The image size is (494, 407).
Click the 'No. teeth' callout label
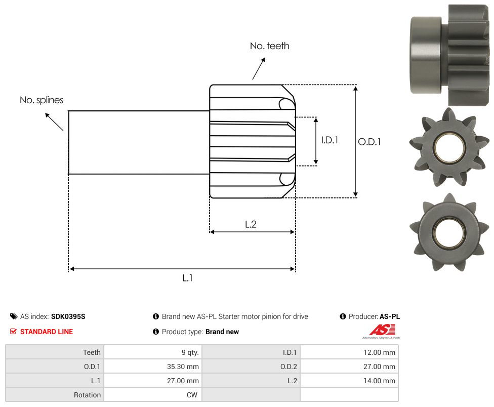pyautogui.click(x=269, y=46)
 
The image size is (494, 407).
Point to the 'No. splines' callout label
pyautogui.click(x=42, y=100)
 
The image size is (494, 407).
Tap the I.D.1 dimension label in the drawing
pyautogui.click(x=330, y=140)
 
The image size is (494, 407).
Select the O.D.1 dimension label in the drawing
pyautogui.click(x=369, y=142)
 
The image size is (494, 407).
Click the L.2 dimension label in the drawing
pyautogui.click(x=251, y=224)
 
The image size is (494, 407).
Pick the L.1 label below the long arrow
pyautogui.click(x=187, y=278)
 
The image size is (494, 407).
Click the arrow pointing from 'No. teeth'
pyautogui.click(x=259, y=69)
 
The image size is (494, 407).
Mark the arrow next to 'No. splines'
pyautogui.click(x=54, y=122)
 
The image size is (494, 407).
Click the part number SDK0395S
pyautogui.click(x=68, y=316)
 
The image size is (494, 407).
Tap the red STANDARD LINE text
pyautogui.click(x=47, y=332)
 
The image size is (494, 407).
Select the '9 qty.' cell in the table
pyautogui.click(x=153, y=352)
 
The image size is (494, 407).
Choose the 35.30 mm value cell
pyautogui.click(x=153, y=367)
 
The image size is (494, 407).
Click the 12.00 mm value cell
pyautogui.click(x=349, y=352)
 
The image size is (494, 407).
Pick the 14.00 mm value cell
pyautogui.click(x=349, y=381)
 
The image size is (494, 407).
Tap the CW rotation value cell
pyautogui.click(x=153, y=395)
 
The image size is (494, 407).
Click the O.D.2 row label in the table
pyautogui.click(x=289, y=367)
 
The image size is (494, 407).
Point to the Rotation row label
pyautogui.click(x=87, y=395)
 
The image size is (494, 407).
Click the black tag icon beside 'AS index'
pyautogui.click(x=14, y=316)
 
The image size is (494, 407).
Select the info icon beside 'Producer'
pyautogui.click(x=343, y=316)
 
